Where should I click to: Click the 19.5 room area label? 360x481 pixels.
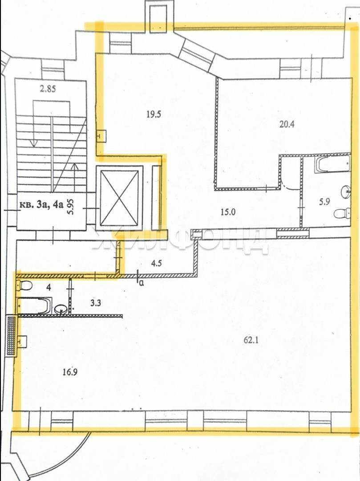tap(154, 115)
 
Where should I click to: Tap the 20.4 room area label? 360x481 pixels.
tap(287, 124)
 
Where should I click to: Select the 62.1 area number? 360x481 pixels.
tap(251, 340)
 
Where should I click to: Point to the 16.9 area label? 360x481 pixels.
tap(70, 372)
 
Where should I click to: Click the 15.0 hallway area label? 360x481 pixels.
tap(228, 212)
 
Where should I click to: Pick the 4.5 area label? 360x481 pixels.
tap(156, 263)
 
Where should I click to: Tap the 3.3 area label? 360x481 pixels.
tap(96, 303)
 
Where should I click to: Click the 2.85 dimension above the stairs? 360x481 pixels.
tap(48, 89)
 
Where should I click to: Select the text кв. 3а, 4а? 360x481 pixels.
tap(41, 204)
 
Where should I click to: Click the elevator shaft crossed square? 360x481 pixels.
tap(119, 198)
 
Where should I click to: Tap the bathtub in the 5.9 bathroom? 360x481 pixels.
tap(332, 164)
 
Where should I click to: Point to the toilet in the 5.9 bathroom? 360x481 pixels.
tap(342, 213)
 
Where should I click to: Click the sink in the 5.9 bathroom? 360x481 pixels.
tap(346, 192)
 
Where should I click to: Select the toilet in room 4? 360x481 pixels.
tap(24, 285)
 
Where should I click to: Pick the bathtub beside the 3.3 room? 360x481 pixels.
tap(35, 306)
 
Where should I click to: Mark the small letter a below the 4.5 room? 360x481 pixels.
tap(141, 283)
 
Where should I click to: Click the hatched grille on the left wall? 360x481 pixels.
tap(11, 336)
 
